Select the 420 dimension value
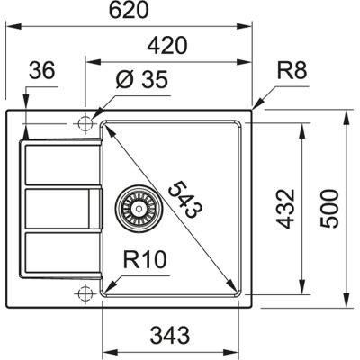pyautogui.click(x=167, y=45)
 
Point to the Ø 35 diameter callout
pyautogui.click(x=142, y=80)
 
